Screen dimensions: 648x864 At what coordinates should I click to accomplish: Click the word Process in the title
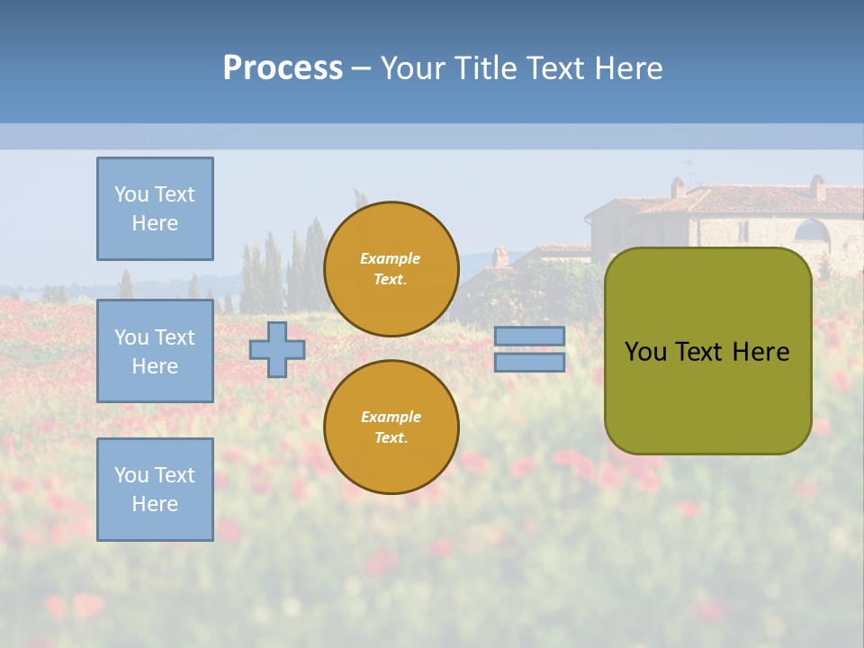click(x=283, y=68)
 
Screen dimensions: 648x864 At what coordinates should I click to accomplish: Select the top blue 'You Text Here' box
click(x=155, y=209)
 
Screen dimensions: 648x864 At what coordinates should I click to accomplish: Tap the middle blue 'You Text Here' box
click(x=155, y=351)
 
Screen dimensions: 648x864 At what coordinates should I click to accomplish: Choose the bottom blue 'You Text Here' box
click(x=155, y=490)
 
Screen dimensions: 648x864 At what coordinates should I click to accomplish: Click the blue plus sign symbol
click(x=277, y=349)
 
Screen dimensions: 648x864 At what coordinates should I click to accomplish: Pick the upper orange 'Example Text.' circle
click(x=391, y=268)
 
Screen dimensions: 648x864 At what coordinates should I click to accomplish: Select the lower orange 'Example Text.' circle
click(x=391, y=427)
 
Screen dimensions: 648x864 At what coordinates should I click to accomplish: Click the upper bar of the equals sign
click(x=529, y=336)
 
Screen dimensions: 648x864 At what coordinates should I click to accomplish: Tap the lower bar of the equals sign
click(x=529, y=362)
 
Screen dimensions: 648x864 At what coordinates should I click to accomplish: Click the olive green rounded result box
click(x=707, y=396)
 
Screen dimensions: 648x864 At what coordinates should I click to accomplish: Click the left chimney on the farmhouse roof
click(x=678, y=186)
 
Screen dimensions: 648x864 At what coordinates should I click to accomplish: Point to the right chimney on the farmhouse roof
click(x=817, y=186)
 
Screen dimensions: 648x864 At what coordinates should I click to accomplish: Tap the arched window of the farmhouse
click(x=812, y=232)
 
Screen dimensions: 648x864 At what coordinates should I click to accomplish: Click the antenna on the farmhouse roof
click(x=690, y=169)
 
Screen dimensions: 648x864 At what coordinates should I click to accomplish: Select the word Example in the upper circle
click(x=391, y=258)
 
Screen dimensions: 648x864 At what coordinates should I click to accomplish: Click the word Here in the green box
click(x=761, y=352)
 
